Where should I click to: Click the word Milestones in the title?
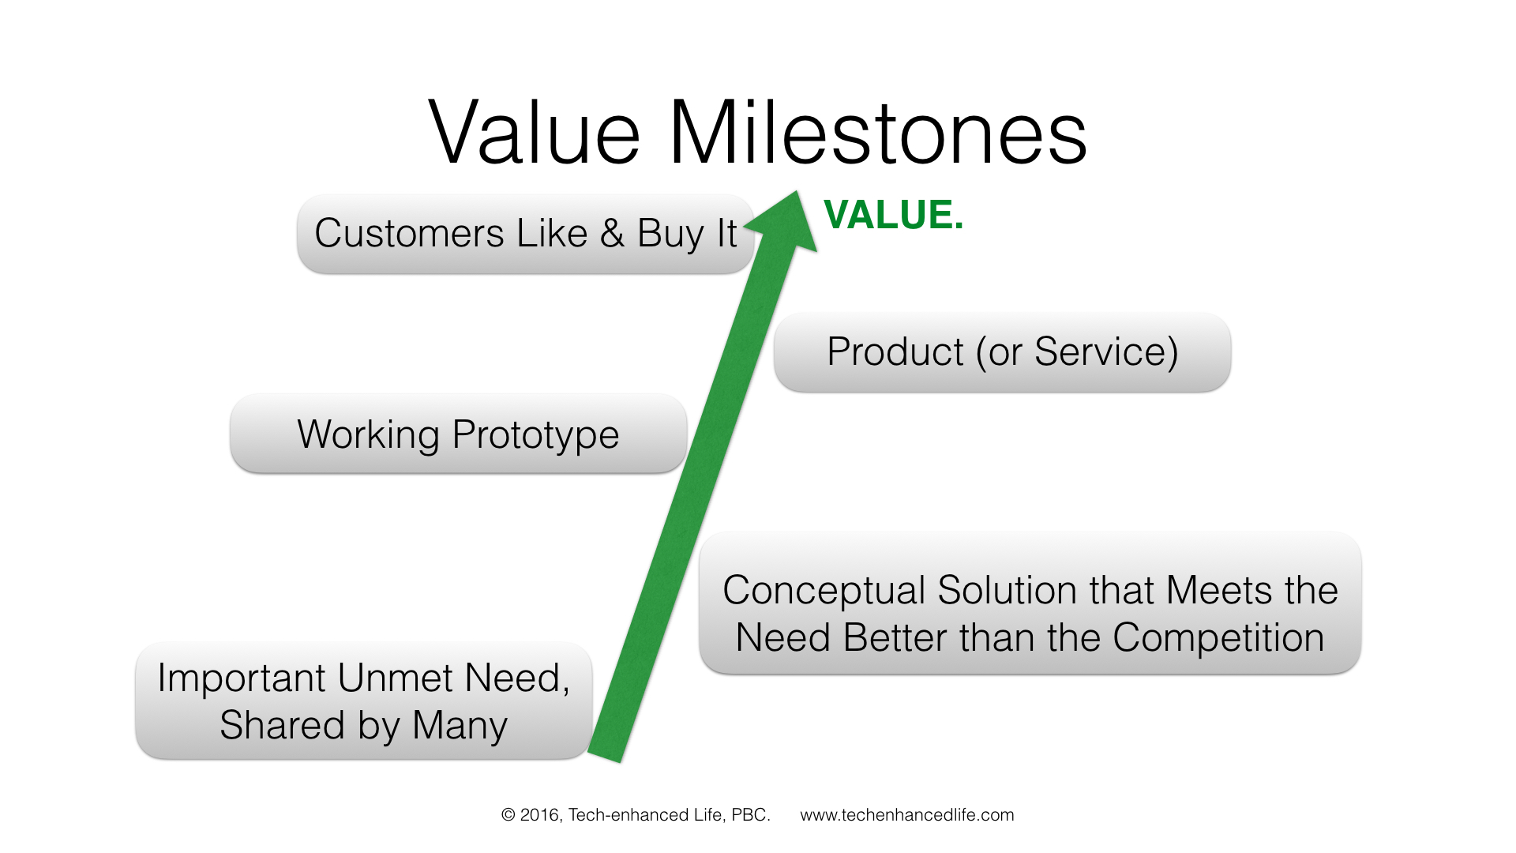879,132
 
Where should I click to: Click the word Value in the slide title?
534,132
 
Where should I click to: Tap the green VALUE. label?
893,215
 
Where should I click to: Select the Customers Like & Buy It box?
526,234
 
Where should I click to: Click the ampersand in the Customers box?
612,234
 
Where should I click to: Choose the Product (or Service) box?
1003,351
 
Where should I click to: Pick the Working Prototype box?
459,434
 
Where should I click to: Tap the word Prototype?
536,436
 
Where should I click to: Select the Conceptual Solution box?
1030,603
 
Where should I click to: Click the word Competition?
1218,637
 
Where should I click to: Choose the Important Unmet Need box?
364,701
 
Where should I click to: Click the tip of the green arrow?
797,191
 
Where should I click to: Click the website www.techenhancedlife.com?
907,815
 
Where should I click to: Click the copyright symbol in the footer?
508,815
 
